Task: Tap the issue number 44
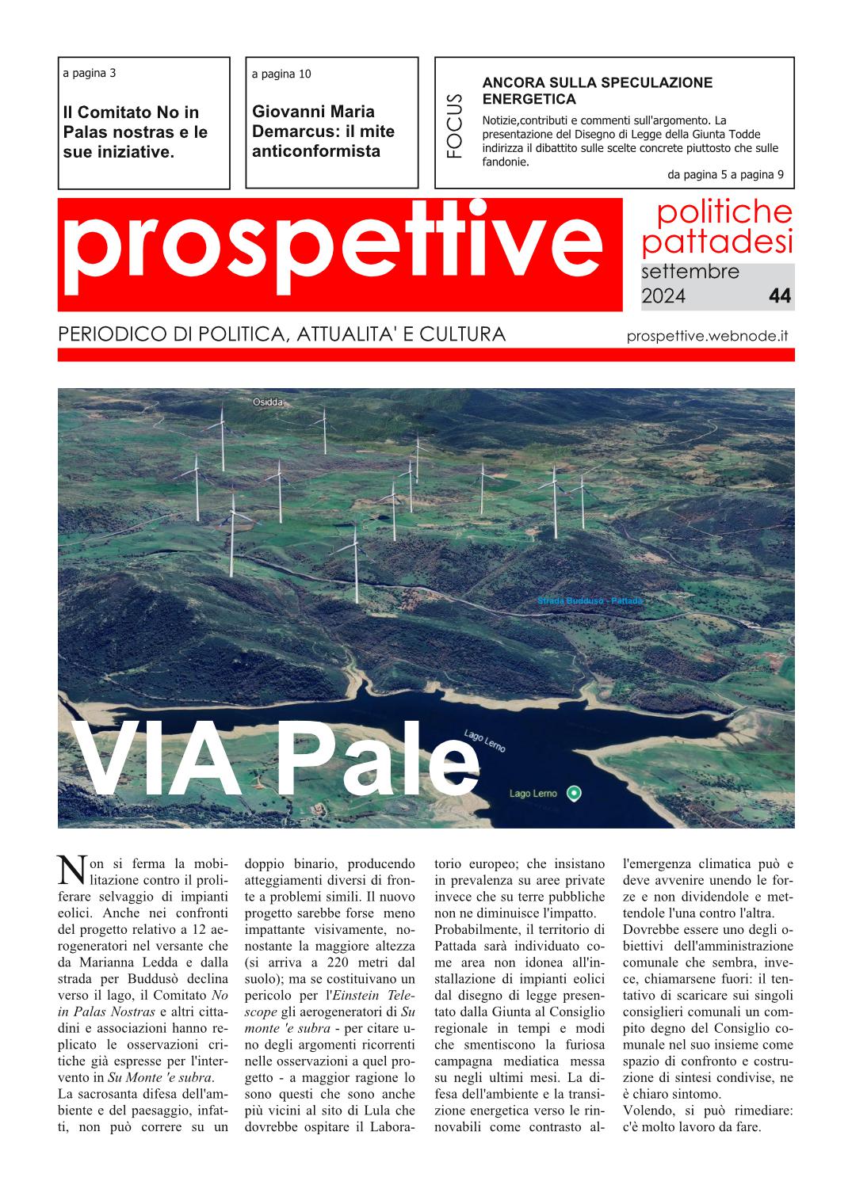[x=779, y=296]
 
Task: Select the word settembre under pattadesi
[x=690, y=272]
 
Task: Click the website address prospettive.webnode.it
[x=706, y=335]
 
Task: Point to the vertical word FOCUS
[x=454, y=125]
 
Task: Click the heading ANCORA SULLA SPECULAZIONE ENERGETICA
[x=597, y=90]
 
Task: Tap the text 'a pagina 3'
[x=89, y=73]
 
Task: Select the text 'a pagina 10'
[x=281, y=74]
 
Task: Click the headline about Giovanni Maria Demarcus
[x=323, y=131]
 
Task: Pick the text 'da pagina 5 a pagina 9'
[x=725, y=175]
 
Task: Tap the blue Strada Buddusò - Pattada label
[x=590, y=601]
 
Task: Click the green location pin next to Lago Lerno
[x=575, y=793]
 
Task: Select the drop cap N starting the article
[x=71, y=870]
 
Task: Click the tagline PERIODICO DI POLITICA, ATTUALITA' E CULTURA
[x=281, y=334]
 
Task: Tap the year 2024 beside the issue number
[x=663, y=296]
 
